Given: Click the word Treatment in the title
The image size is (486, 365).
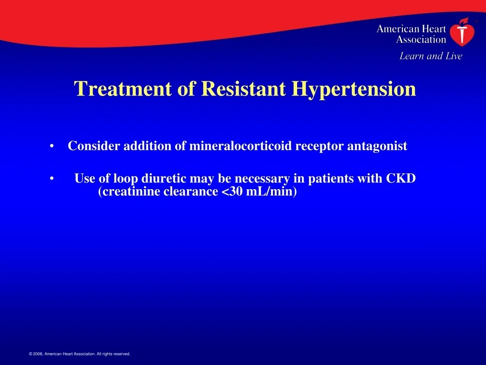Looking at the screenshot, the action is (x=123, y=88).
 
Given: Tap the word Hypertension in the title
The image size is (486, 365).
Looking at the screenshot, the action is (x=354, y=90).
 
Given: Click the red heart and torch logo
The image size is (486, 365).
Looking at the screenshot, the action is (x=462, y=32).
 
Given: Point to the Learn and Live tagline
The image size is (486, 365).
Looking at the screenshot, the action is (x=431, y=56).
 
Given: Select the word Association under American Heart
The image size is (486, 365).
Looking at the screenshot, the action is (x=421, y=39).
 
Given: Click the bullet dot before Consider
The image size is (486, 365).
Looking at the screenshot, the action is (x=52, y=146).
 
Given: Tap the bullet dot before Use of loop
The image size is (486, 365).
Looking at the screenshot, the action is (x=52, y=179).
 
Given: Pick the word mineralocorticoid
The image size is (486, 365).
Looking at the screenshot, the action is (x=241, y=145).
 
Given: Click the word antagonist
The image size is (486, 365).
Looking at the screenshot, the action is (x=377, y=146).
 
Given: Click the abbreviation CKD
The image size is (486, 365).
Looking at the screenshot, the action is (x=401, y=179).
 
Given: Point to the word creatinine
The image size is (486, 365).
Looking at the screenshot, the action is (x=129, y=192).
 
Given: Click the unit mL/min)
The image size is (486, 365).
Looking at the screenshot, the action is (x=271, y=192).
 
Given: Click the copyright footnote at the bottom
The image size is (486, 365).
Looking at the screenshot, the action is (x=80, y=354).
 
